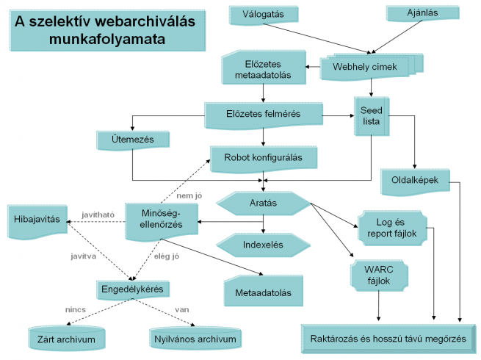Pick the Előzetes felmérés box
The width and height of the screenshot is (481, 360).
pos(264,114)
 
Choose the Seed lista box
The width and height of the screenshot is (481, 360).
pos(371,115)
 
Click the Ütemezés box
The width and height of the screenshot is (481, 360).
pos(132,138)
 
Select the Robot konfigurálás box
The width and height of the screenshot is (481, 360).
pos(264,156)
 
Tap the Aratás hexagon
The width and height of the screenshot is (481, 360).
pos(263,202)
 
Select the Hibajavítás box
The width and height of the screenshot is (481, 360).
pos(38,219)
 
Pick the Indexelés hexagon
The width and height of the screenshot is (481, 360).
pos(262,243)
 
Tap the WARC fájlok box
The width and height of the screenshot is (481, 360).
pos(380,273)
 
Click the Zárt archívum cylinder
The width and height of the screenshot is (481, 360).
pos(66,338)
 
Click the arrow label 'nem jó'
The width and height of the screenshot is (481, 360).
pos(189,195)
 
